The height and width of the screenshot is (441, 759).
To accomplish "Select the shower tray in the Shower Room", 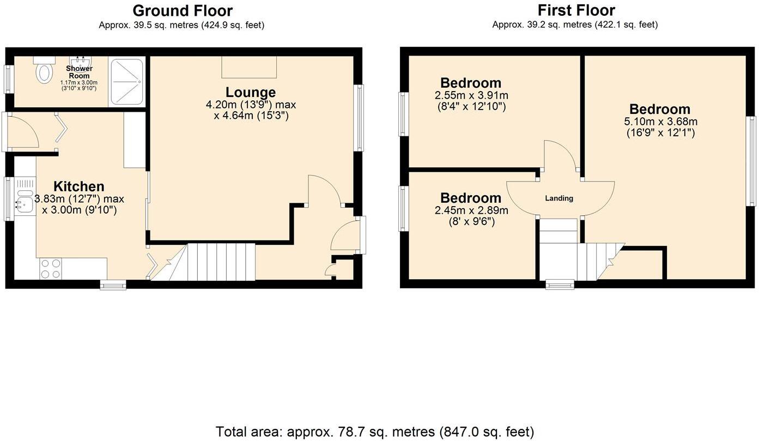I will pyautogui.click(x=127, y=82).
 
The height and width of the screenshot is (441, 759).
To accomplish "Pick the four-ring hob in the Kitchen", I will pyautogui.click(x=51, y=268).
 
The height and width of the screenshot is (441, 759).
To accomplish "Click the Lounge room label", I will pyautogui.click(x=251, y=92).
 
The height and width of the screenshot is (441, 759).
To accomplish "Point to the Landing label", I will pyautogui.click(x=559, y=198).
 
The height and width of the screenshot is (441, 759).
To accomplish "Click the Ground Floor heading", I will pyautogui.click(x=182, y=10).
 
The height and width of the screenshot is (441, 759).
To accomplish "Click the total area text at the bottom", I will pyautogui.click(x=375, y=432).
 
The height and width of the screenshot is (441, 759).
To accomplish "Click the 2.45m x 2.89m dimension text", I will pyautogui.click(x=472, y=210).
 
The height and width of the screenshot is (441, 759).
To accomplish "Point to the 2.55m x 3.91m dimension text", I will pyautogui.click(x=472, y=95).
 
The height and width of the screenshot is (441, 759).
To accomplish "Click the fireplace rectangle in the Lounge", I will pyautogui.click(x=249, y=67).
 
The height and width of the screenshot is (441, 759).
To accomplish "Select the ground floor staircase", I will pyautogui.click(x=221, y=262).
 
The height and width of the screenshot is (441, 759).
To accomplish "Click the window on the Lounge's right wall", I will pyautogui.click(x=359, y=118).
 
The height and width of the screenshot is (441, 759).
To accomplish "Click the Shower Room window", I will pyautogui.click(x=9, y=79).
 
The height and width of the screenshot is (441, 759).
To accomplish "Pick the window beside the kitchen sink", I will pyautogui.click(x=9, y=199).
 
